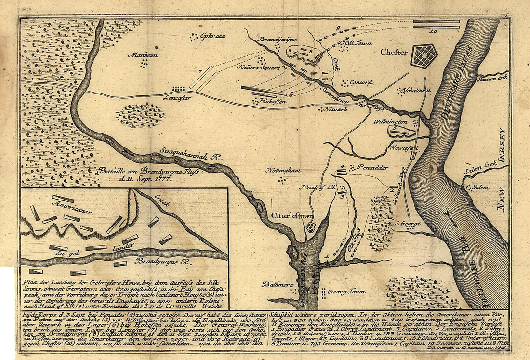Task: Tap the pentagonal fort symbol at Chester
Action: click(424, 56)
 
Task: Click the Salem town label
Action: click(480, 187)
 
